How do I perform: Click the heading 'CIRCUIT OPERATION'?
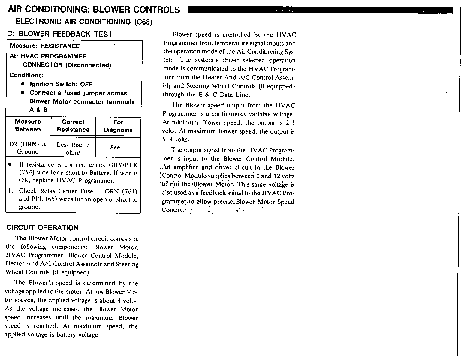click(42, 228)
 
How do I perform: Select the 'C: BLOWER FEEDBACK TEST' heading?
click(60, 34)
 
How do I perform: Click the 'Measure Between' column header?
click(28, 125)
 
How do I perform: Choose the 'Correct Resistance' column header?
click(73, 126)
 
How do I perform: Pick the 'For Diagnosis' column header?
click(118, 126)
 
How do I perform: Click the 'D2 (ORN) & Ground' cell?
click(28, 148)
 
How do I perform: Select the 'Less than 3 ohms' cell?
click(73, 148)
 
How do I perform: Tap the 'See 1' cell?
click(118, 147)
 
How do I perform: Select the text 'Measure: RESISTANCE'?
click(45, 46)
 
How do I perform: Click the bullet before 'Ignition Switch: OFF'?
click(23, 84)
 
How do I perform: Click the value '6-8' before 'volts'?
click(168, 139)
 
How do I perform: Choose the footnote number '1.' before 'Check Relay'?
click(10, 191)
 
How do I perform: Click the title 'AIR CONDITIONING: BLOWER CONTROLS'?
click(94, 10)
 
